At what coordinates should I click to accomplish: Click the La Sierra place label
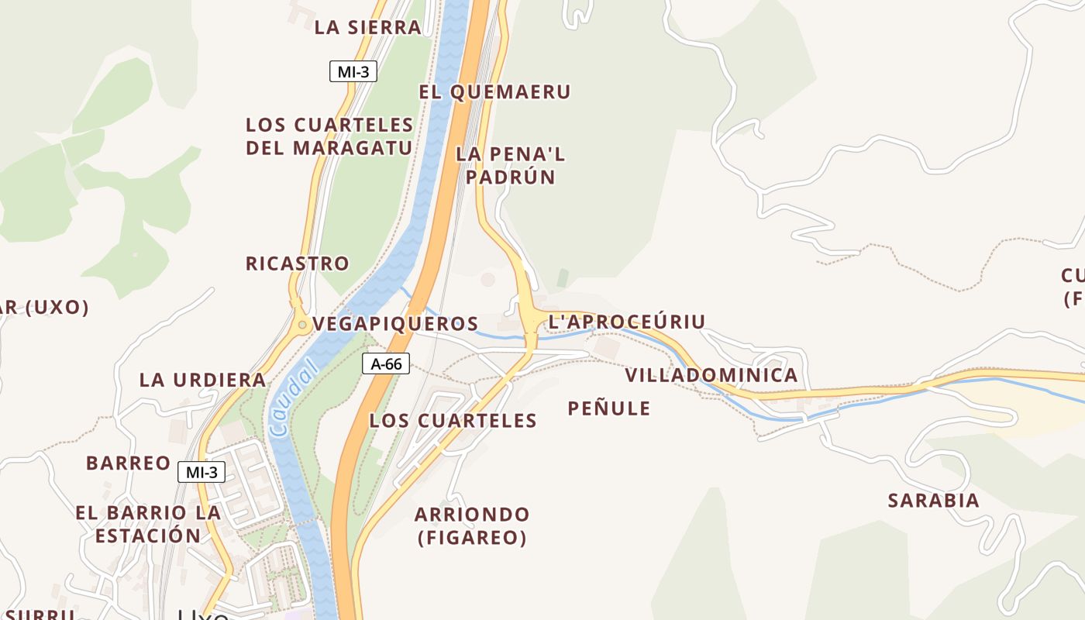367,28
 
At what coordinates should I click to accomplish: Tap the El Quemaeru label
494,92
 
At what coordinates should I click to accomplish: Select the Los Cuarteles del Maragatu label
329,136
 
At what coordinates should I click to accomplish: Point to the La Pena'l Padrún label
510,165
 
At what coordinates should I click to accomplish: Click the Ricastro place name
298,263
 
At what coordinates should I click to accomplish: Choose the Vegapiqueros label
395,324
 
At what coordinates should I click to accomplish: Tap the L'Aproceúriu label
627,322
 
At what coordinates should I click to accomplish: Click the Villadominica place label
711,376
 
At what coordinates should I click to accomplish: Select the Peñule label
609,408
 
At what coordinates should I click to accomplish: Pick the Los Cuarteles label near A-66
453,421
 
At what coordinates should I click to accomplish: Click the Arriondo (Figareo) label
472,525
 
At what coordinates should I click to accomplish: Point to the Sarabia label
934,501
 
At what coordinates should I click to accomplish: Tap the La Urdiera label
203,381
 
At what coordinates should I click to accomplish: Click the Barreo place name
129,463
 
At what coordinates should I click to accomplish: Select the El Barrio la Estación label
148,524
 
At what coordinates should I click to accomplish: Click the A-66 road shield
385,363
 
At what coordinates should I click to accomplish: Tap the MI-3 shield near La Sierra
353,72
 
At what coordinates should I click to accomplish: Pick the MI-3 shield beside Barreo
201,471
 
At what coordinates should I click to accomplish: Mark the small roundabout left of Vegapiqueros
301,325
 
